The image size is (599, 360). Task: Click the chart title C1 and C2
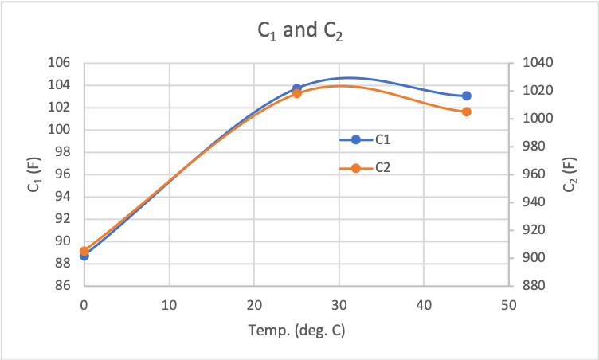coord(299,31)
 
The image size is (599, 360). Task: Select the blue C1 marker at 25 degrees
coord(296,88)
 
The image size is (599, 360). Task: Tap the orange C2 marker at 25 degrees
coord(296,93)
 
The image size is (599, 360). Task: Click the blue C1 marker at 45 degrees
coord(467,96)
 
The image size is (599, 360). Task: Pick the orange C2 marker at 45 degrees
coord(467,112)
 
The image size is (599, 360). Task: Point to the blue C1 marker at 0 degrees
coord(84,256)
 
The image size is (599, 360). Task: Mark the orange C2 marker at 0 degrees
coord(84,251)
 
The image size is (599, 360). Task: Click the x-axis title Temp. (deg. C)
coord(296,330)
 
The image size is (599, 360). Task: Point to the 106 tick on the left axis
coord(62,63)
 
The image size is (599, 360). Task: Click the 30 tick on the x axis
coord(339,305)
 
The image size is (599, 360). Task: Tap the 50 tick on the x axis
coord(509,305)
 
